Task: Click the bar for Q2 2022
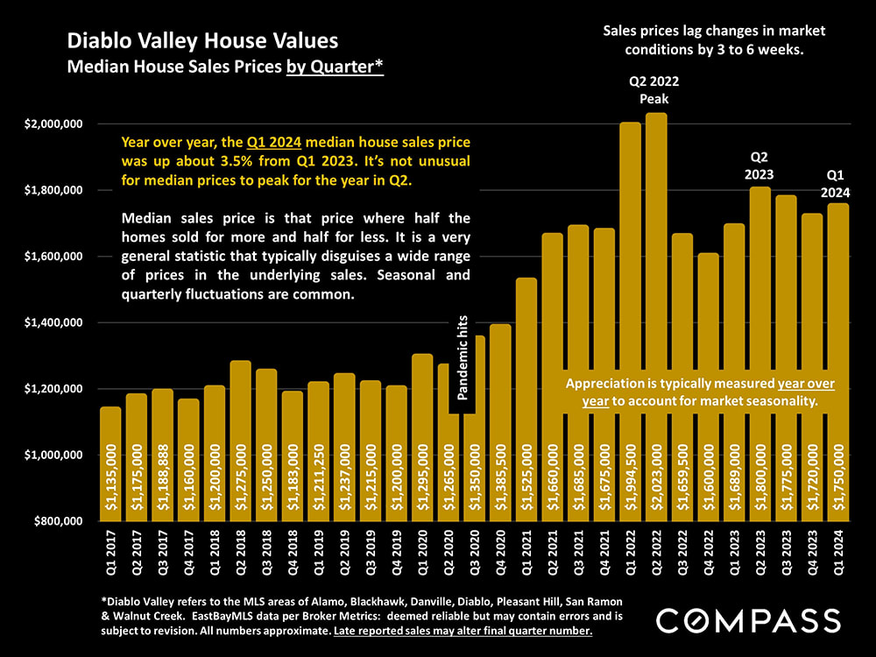click(656, 315)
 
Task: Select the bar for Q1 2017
click(110, 464)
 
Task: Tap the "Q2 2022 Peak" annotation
click(653, 90)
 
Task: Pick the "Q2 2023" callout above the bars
click(759, 165)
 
